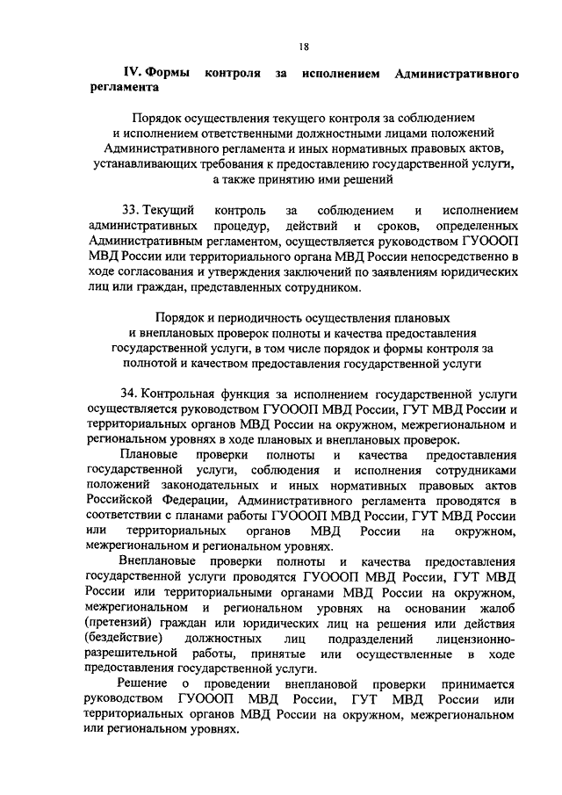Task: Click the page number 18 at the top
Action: (x=304, y=45)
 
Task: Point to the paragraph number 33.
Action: (x=130, y=211)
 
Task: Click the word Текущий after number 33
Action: (x=168, y=211)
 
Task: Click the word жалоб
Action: (x=496, y=608)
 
